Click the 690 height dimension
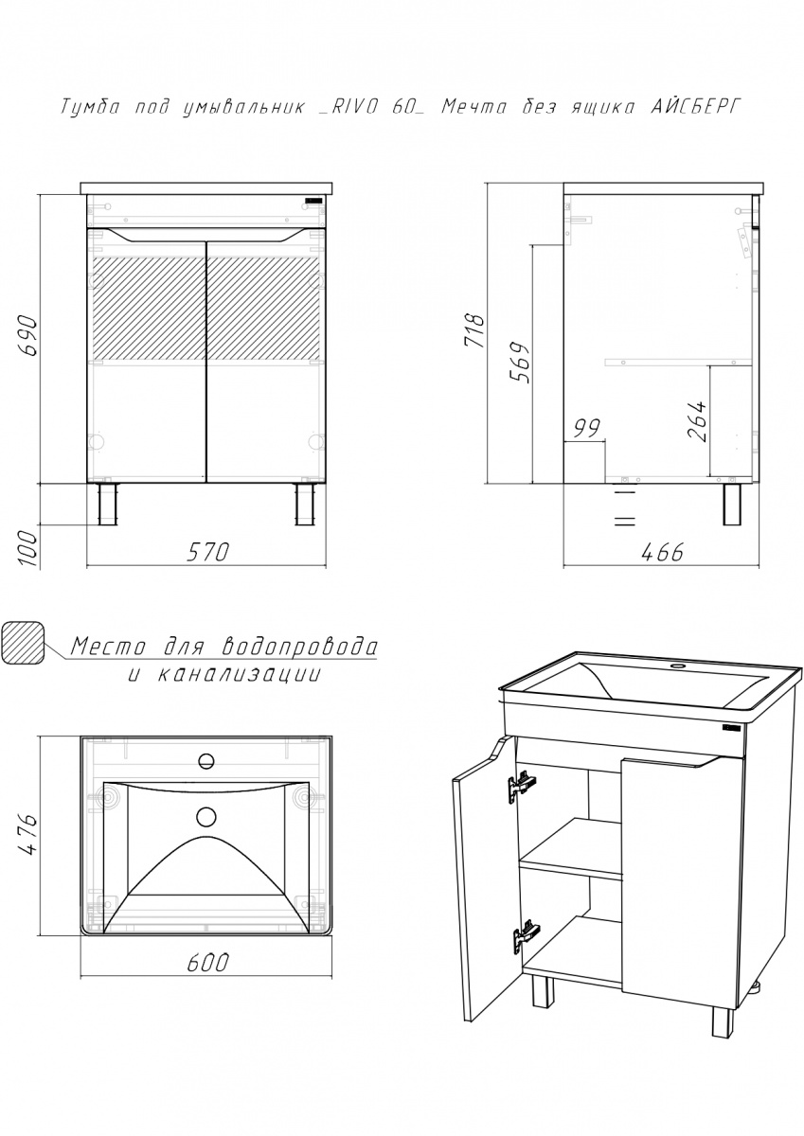coord(27,336)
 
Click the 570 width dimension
coord(208,552)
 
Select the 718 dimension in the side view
coord(474,331)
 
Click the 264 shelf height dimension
coord(696,421)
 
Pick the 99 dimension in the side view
coord(587,429)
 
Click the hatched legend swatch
coord(24,643)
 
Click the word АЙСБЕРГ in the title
coord(696,107)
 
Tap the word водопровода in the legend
coord(300,647)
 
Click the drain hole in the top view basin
coord(205,816)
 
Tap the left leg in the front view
coord(108,504)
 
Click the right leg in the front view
coord(305,504)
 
